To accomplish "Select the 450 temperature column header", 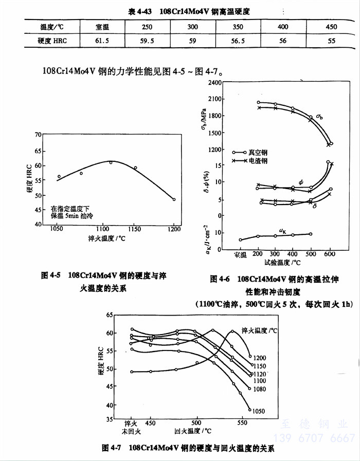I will point(332,26).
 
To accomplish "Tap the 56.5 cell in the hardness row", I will point(238,40).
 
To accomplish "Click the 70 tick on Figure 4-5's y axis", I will point(37,135).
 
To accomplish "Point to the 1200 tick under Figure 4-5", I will point(174,229).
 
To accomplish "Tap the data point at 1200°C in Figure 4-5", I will point(174,199).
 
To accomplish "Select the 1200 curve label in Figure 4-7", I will point(260,357).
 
